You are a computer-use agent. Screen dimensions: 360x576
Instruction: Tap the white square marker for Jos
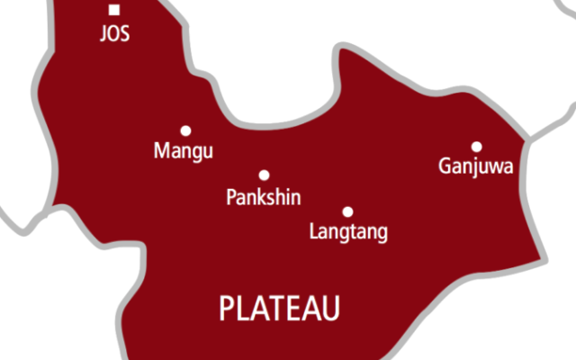pos(114,11)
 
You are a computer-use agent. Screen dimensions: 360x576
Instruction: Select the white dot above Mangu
pos(185,130)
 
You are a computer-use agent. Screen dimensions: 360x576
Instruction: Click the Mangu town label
pos(184,151)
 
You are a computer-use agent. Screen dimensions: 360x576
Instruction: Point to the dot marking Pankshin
pos(264,175)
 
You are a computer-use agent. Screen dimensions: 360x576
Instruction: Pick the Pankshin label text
pos(264,197)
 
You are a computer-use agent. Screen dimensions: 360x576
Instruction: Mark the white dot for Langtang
pos(347,212)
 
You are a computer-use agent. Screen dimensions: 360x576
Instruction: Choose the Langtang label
pos(348,232)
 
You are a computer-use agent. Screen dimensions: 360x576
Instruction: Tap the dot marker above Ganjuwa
pos(476,147)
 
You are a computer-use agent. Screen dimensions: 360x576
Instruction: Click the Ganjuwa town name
pos(476,166)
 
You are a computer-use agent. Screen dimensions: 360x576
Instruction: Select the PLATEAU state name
pos(280,310)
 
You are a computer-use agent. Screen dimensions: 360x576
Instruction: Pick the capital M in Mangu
pos(161,150)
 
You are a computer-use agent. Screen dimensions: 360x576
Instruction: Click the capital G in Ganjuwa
pos(445,166)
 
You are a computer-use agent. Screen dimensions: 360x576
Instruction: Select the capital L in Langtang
pos(313,231)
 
